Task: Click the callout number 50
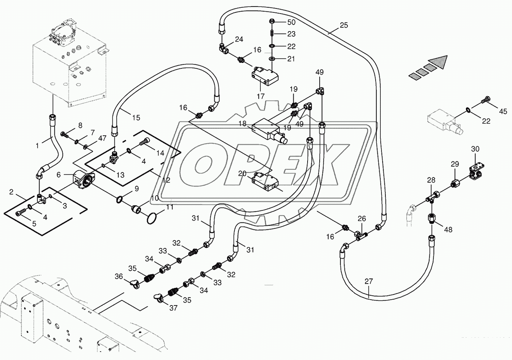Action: [291, 22]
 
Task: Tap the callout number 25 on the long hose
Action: [344, 25]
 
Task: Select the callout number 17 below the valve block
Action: [260, 96]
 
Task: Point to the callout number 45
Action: [503, 111]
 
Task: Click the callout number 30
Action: [475, 149]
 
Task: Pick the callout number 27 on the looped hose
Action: [369, 281]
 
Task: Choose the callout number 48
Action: [448, 229]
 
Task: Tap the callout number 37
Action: [173, 308]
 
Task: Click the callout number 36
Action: [119, 276]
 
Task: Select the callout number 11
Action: [170, 207]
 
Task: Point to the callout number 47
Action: [102, 138]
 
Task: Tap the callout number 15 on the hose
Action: [136, 117]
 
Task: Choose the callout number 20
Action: [242, 174]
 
